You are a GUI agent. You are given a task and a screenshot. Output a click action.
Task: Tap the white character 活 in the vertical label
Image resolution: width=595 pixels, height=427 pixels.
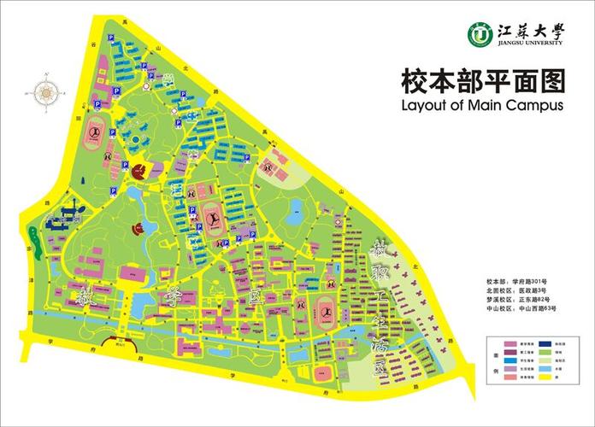(x=379, y=346)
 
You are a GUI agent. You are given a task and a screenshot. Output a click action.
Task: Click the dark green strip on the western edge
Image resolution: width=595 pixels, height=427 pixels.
(x=32, y=233)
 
